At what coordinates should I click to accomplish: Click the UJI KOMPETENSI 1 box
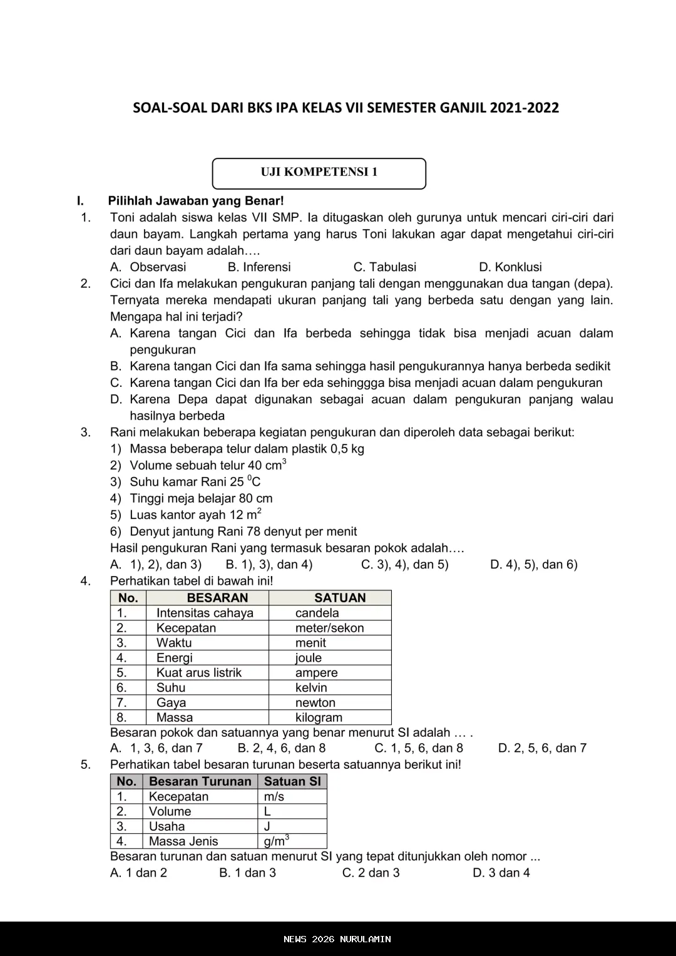click(319, 173)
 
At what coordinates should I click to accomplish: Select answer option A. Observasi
click(148, 267)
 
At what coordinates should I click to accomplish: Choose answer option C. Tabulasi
click(385, 267)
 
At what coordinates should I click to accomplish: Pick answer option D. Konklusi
click(510, 267)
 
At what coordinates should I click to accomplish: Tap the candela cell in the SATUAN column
click(317, 613)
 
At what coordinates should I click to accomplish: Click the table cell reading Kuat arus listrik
click(199, 673)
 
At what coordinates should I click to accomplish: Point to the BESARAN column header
click(217, 598)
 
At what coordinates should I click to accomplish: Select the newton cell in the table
click(315, 702)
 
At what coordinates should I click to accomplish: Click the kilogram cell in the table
click(319, 717)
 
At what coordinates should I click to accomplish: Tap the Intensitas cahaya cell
click(205, 613)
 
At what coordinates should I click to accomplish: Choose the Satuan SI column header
click(292, 781)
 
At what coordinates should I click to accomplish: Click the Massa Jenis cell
click(183, 841)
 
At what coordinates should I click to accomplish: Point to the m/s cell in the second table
click(274, 796)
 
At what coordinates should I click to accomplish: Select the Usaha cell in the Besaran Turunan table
click(167, 826)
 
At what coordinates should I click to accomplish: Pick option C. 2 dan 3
click(371, 873)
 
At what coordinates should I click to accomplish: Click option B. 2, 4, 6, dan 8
click(282, 748)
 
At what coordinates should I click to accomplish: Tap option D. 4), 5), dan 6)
click(534, 565)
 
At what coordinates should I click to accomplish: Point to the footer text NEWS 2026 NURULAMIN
click(337, 939)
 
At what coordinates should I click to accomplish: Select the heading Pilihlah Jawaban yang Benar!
click(196, 201)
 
